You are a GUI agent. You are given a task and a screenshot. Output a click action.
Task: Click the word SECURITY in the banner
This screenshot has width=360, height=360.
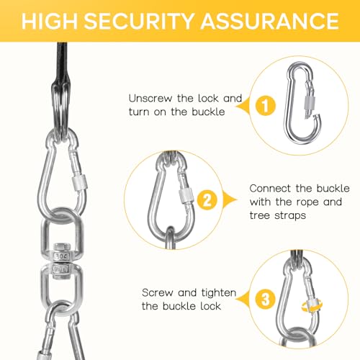139,21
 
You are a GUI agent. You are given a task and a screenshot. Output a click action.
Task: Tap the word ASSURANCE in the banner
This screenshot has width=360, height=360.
270,21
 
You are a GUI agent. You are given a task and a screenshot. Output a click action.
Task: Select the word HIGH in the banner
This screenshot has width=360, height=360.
50,21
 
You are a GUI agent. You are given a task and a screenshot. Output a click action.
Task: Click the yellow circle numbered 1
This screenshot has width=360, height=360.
266,106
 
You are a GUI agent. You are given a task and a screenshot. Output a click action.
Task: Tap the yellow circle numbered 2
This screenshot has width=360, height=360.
207,200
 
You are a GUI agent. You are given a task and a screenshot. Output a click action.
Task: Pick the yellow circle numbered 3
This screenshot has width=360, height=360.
266,300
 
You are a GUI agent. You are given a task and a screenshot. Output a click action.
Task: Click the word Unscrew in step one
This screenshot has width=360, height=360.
150,99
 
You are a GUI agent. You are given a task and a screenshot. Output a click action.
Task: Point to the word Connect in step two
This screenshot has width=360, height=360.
270,189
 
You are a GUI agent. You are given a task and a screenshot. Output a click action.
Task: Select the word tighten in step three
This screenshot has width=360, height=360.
219,293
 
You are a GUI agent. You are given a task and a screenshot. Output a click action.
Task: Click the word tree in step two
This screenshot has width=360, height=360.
260,215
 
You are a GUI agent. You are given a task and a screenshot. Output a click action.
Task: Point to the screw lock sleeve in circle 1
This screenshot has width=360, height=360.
309,103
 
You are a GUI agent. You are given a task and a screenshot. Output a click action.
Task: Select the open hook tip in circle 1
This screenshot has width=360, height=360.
318,116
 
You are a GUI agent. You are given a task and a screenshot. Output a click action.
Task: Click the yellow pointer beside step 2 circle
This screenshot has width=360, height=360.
230,199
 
